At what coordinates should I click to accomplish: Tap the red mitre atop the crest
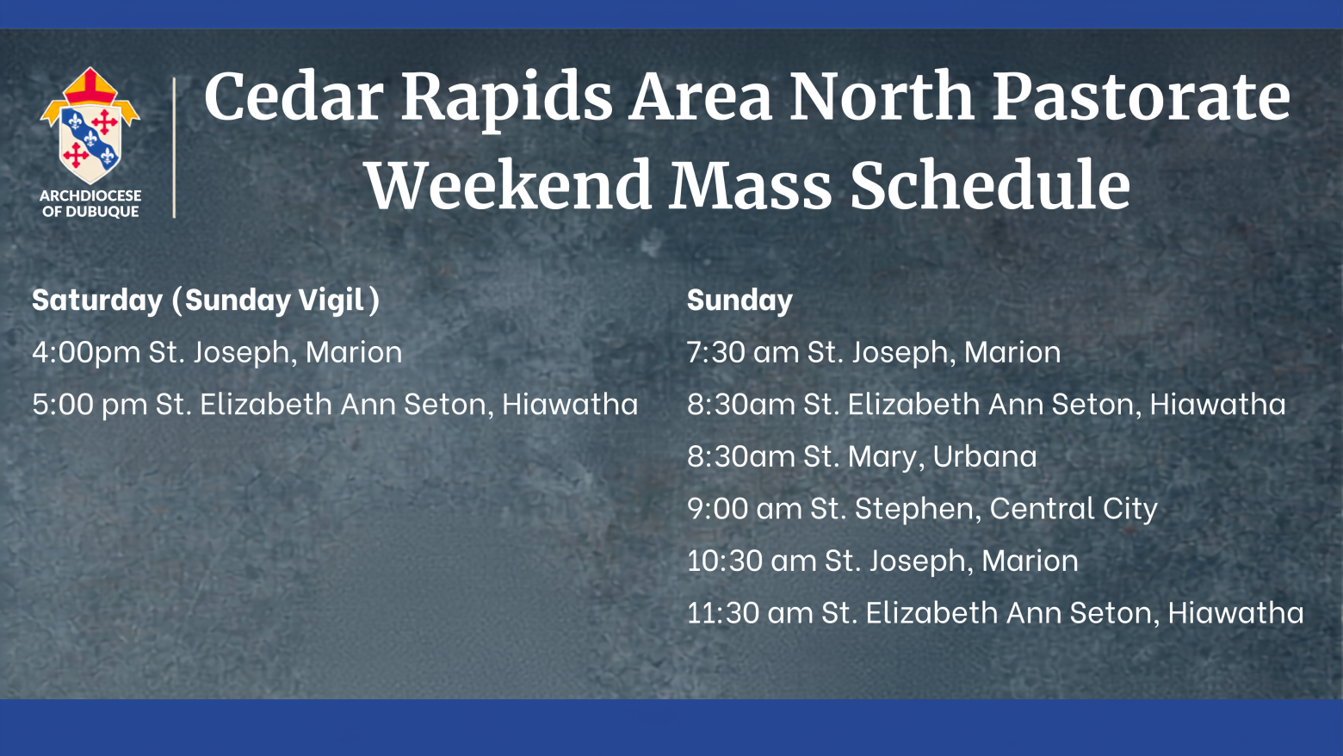point(90,86)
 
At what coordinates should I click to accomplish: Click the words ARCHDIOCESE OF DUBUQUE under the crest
point(90,203)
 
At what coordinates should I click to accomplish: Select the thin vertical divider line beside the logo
point(174,147)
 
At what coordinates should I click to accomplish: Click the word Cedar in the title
point(294,96)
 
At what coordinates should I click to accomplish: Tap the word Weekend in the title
point(509,184)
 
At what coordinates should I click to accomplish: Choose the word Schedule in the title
point(990,184)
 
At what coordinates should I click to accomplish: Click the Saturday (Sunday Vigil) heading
point(206,301)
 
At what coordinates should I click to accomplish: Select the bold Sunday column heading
point(740,301)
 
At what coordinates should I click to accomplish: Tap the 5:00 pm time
point(90,404)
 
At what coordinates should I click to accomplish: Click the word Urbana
point(985,456)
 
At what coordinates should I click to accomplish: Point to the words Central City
point(1074,510)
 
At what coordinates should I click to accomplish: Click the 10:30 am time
point(752,561)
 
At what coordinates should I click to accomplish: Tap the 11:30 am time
point(750,613)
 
